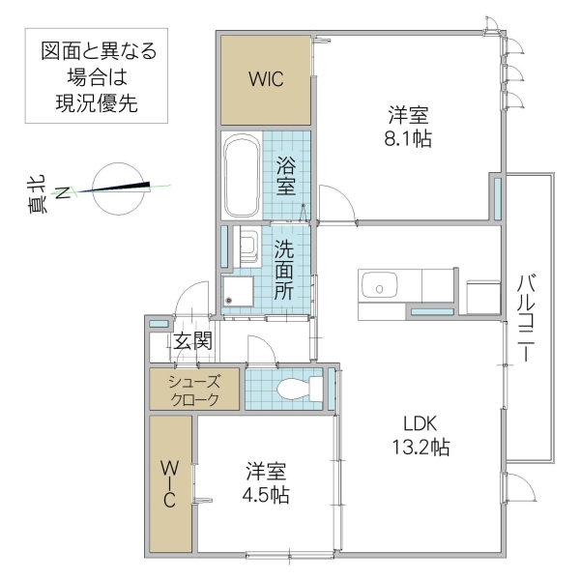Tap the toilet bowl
click(294, 390)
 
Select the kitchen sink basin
click(379, 286)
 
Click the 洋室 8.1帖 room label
click(405, 126)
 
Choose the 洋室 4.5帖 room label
click(266, 483)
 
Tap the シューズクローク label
click(193, 391)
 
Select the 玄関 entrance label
click(193, 341)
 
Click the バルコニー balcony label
click(527, 319)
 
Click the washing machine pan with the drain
click(238, 292)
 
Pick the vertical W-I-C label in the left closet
click(169, 483)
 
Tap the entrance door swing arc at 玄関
click(196, 294)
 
